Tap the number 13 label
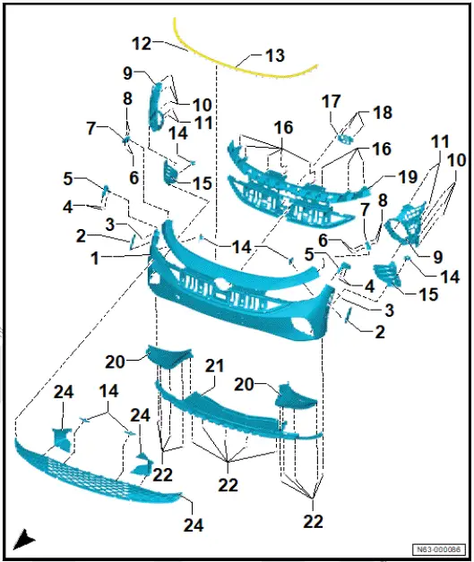(274, 55)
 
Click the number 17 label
(331, 102)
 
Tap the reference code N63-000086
(437, 549)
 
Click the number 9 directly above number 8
(127, 72)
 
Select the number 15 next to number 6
(201, 183)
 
